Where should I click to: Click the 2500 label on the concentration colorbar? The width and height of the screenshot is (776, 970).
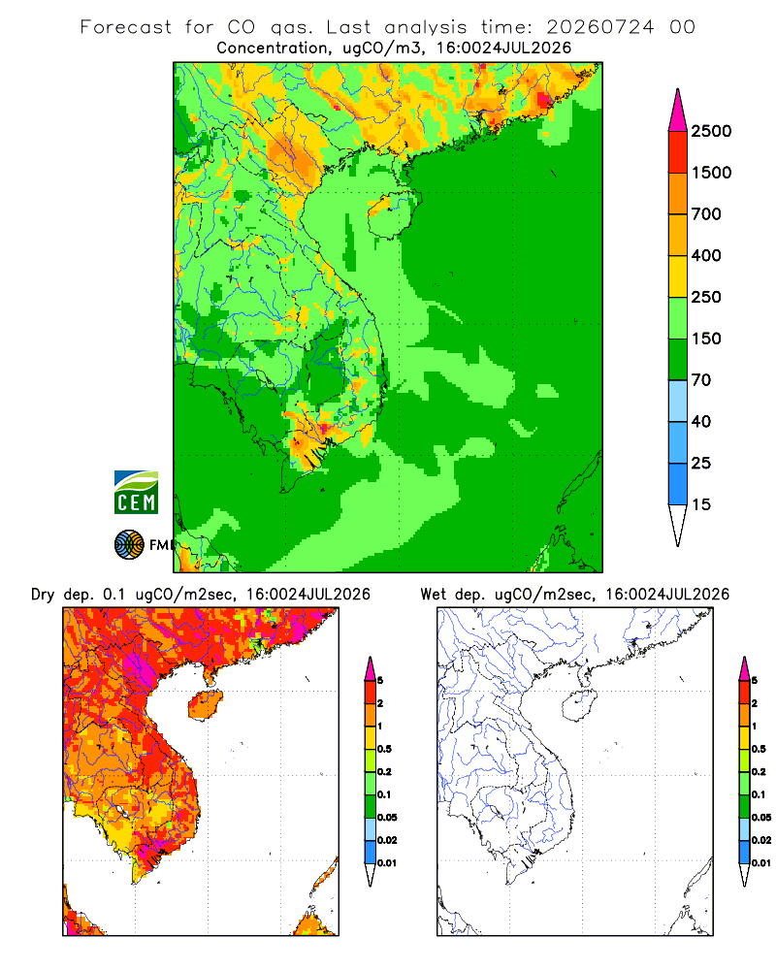(711, 131)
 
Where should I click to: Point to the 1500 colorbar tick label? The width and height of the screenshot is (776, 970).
(711, 173)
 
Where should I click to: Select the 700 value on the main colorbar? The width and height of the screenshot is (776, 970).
(706, 214)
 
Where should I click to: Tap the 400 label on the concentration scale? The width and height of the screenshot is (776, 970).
(706, 255)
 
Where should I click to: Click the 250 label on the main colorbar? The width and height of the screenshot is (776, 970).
(706, 297)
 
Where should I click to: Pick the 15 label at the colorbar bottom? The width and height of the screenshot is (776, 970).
(701, 504)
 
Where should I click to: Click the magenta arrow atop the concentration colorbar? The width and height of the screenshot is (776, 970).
(678, 111)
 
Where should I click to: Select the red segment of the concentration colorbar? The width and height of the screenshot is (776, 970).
(678, 152)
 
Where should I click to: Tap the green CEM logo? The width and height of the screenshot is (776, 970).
(136, 493)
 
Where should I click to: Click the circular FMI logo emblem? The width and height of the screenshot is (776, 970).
(129, 545)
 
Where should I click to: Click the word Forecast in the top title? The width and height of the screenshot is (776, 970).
(126, 27)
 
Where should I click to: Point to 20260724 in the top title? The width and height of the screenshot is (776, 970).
(599, 27)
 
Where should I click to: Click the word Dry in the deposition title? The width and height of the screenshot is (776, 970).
(43, 595)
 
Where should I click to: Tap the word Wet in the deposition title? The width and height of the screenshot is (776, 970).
(434, 595)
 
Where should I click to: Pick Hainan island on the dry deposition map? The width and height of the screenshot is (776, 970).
(206, 706)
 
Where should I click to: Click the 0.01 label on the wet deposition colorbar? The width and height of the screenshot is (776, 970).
(761, 863)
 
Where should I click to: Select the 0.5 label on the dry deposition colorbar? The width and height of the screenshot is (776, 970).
(384, 749)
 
